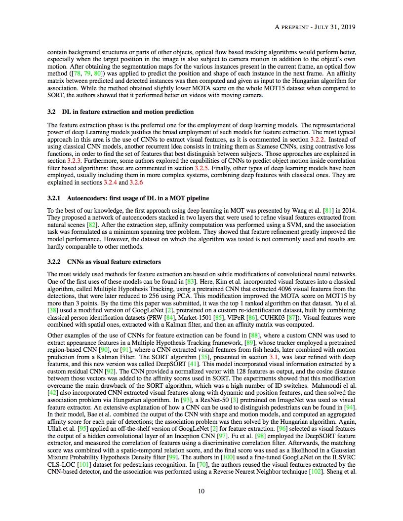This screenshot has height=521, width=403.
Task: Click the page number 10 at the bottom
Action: [x=201, y=491]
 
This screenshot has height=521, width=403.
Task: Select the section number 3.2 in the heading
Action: [x=51, y=112]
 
